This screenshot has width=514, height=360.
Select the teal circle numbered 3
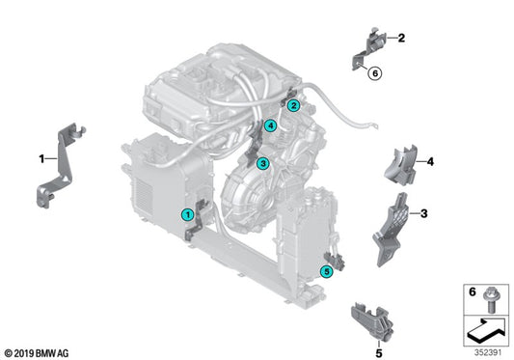tap(263, 165)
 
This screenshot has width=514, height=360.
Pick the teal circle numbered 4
tap(271, 126)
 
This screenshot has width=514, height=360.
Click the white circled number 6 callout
tap(375, 72)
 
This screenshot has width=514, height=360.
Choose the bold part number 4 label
tap(431, 161)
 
